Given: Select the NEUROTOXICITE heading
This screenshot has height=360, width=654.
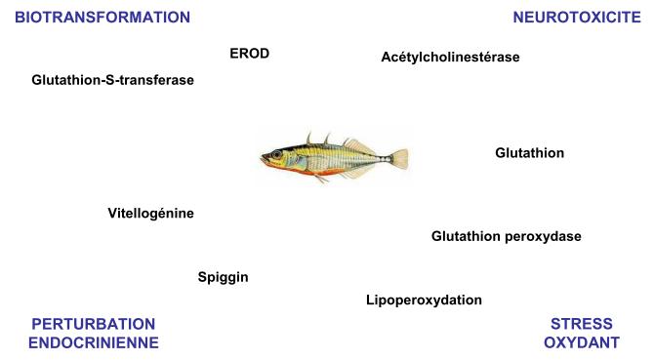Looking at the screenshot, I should click(576, 18).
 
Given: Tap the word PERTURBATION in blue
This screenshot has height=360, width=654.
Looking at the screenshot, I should click(94, 324).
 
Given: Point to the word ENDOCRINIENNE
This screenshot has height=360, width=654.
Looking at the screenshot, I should click(94, 342).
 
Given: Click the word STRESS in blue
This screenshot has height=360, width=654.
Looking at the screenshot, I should click(582, 324).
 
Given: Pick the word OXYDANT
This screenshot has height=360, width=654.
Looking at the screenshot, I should click(582, 342).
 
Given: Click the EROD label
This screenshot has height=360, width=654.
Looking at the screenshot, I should click(249, 54).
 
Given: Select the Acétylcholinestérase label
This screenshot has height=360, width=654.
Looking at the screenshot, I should click(450, 57).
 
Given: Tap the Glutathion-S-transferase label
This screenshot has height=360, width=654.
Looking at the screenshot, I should click(112, 80).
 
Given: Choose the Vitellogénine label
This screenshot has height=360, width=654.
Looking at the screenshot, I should click(150, 213).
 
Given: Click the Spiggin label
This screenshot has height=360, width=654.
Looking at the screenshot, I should click(223, 277).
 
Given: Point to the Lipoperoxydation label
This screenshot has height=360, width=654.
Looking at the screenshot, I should click(424, 300).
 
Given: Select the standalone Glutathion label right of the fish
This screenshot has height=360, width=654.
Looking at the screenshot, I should click(529, 153).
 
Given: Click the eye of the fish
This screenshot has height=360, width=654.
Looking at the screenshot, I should click(276, 155).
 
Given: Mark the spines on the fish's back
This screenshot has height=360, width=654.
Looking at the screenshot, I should click(310, 139).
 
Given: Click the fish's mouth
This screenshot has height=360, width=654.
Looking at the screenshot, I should click(262, 158).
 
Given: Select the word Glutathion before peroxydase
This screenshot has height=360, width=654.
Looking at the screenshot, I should click(466, 236).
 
